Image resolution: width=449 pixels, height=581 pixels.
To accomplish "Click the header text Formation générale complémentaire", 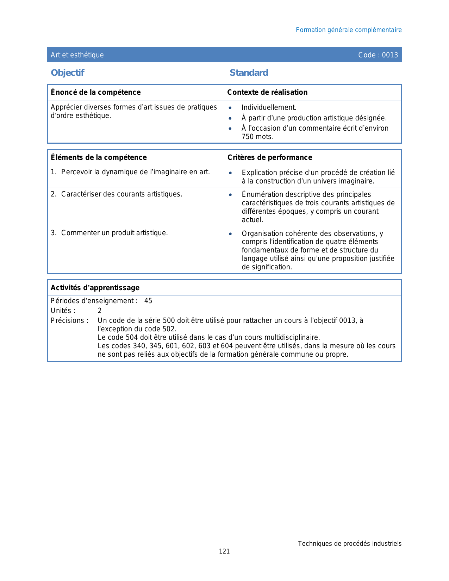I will (x=349, y=30).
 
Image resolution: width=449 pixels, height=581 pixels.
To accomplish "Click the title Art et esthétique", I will (x=77, y=55).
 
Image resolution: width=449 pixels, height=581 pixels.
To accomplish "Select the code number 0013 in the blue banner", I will (x=390, y=55).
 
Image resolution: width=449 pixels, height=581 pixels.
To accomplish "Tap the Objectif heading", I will (x=68, y=73).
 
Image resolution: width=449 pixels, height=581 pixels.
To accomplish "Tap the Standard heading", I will (x=249, y=73).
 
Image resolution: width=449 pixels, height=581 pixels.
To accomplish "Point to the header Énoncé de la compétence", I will (x=95, y=92).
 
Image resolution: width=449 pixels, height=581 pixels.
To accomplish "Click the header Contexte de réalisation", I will (x=267, y=92).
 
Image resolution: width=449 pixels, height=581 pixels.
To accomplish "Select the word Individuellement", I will (x=269, y=108).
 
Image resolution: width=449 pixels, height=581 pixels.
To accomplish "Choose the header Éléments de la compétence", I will (x=99, y=157).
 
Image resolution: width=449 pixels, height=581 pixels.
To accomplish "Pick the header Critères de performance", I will (x=270, y=157).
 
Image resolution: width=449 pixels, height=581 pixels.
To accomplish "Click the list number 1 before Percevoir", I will (x=53, y=172).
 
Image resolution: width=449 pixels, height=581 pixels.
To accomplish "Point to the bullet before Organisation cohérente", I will (x=230, y=234).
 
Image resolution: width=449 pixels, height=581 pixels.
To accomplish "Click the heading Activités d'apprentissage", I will (x=95, y=288).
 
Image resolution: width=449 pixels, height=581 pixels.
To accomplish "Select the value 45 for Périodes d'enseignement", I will (x=148, y=301).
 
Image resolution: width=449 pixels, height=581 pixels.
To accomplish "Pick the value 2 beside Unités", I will (x=100, y=311).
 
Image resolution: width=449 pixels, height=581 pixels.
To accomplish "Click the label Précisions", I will (x=68, y=320).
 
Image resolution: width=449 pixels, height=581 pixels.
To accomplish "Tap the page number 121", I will (x=224, y=551).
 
